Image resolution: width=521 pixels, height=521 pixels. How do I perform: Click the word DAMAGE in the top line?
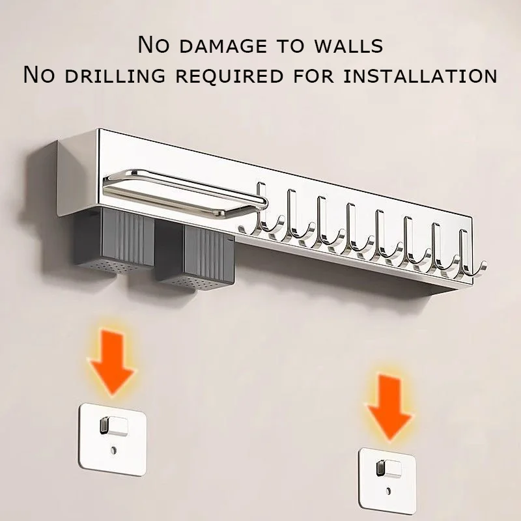pos(223,46)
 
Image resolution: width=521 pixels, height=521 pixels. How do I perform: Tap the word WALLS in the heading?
pos(349,46)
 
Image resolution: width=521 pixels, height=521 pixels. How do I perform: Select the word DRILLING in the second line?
pos(115,76)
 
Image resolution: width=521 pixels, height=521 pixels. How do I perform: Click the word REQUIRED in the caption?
pos(229,76)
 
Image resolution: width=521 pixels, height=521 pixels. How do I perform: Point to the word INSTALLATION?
pos(420,76)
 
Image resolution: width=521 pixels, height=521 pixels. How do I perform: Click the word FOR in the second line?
pos(313,76)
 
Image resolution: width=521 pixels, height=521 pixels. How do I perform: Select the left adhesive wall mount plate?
pos(113,439)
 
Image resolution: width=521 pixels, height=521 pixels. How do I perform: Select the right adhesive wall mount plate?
pos(387,480)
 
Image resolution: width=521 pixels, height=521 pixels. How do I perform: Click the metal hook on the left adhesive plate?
pos(113,426)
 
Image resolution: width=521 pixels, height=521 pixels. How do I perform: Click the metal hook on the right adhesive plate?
pos(389,468)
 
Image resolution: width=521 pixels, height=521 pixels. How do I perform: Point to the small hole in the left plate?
pos(113,451)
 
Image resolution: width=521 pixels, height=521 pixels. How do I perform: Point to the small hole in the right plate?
pos(388,490)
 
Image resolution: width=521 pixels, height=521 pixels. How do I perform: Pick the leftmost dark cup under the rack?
pos(113,241)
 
